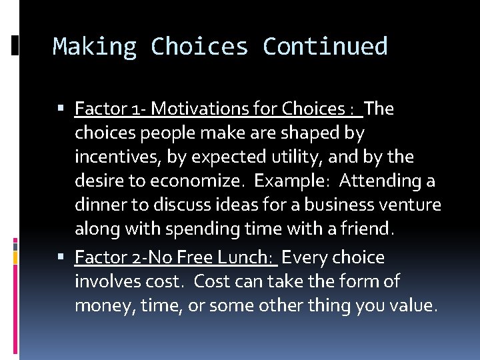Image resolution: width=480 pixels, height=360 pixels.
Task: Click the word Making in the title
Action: [95, 47]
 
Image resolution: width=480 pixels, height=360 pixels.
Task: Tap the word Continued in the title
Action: [325, 47]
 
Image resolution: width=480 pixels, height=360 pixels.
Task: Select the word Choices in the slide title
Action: [199, 47]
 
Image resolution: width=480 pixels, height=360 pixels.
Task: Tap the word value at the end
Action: [415, 306]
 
